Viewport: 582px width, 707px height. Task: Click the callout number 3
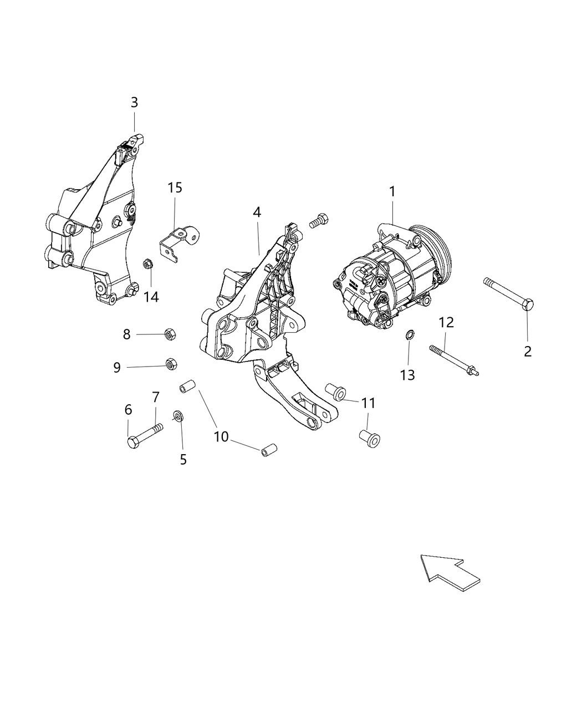click(134, 103)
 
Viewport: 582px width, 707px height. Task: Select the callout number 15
click(175, 188)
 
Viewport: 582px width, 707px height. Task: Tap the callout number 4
click(257, 212)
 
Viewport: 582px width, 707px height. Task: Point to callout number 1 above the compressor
click(392, 192)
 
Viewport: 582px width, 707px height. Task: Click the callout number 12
click(446, 322)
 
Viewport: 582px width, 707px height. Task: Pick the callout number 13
click(407, 375)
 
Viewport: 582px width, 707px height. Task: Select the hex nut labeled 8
click(169, 334)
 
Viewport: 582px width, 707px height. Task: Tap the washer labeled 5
click(178, 415)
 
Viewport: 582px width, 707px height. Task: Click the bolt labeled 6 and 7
click(144, 434)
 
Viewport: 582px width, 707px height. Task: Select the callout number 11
click(368, 403)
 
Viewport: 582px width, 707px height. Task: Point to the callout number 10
click(221, 437)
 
